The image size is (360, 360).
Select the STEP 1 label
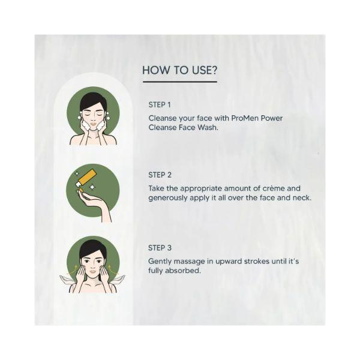click(160, 105)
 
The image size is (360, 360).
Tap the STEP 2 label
click(160, 175)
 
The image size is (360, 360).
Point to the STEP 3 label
click(160, 247)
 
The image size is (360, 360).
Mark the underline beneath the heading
click(179, 82)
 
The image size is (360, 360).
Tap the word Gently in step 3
click(161, 261)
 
